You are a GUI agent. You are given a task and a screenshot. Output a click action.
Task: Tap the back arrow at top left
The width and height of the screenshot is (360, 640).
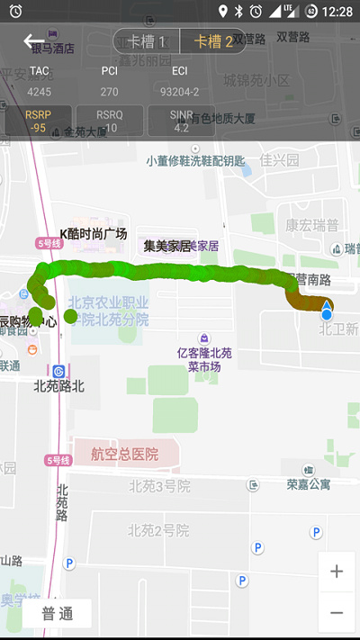[x=33, y=41]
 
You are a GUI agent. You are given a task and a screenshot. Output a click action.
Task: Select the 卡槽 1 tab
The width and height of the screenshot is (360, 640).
[x=147, y=41]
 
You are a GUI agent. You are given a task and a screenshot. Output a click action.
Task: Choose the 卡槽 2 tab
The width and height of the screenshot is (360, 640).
[x=212, y=41]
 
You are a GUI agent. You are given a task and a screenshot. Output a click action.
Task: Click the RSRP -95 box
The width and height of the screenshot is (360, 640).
[x=38, y=121]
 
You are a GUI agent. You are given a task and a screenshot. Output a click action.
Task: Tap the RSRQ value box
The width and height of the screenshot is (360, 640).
[x=110, y=121]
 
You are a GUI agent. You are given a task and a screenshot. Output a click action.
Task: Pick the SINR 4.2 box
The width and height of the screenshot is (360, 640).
[x=181, y=121]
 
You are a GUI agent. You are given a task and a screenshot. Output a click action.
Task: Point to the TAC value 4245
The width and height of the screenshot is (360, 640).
[x=40, y=91]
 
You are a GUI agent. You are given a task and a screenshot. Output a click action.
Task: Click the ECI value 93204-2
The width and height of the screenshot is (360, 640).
[x=179, y=91]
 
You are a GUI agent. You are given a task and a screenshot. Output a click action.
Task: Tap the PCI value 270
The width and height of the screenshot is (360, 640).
[x=109, y=91]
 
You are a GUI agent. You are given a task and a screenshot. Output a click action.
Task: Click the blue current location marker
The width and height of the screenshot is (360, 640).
[x=327, y=312]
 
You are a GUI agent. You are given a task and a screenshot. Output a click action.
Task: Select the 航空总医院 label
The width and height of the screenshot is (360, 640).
[x=124, y=455]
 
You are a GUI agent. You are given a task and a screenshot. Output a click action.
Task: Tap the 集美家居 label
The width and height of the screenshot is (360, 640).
[x=167, y=245]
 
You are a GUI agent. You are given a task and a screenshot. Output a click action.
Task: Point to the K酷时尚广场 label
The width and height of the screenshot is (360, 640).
[x=94, y=234]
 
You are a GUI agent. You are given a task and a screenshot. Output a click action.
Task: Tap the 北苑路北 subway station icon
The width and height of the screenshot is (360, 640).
[x=58, y=370]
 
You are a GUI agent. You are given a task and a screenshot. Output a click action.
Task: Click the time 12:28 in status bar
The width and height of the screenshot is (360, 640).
[x=336, y=11]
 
